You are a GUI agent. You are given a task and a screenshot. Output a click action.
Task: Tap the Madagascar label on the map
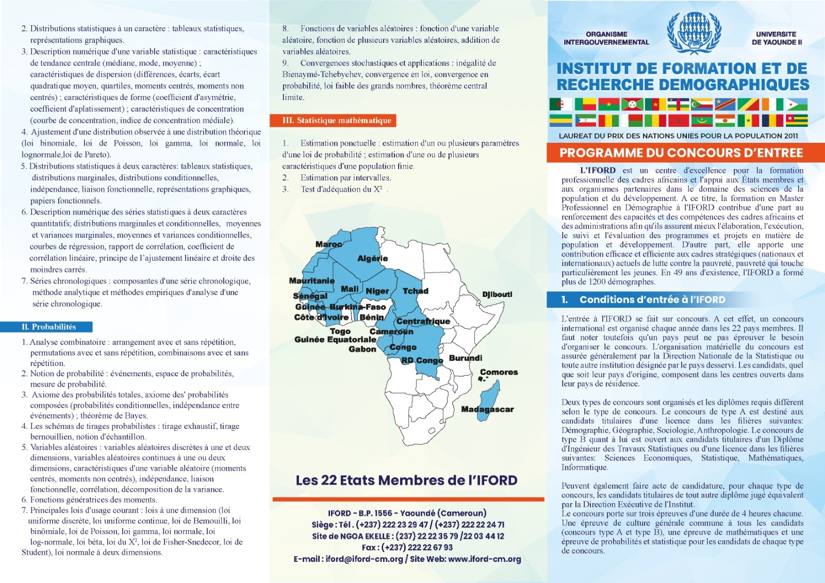(x=487, y=409)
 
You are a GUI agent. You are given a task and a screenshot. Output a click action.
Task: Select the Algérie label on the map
(x=372, y=258)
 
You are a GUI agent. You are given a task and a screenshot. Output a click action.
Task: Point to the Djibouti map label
(x=497, y=294)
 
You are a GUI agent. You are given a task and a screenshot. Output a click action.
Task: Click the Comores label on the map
(x=499, y=372)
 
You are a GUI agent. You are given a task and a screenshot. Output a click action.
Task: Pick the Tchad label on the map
(x=415, y=291)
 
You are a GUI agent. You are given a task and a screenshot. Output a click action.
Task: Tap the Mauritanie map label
(x=311, y=281)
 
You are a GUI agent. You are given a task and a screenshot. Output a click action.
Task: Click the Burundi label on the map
(x=465, y=358)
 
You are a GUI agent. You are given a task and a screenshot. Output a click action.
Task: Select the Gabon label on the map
(x=362, y=349)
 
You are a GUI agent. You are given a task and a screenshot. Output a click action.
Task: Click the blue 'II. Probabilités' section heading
(x=48, y=327)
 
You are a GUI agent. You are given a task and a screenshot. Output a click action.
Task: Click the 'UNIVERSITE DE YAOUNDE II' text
(x=777, y=38)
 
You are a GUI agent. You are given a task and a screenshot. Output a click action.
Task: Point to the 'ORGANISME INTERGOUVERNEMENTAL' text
(x=606, y=38)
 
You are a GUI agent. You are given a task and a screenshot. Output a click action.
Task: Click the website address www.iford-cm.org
(x=484, y=559)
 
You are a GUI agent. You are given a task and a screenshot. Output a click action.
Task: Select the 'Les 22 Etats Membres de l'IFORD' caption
(x=406, y=480)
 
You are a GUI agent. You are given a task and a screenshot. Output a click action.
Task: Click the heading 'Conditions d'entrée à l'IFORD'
(x=652, y=299)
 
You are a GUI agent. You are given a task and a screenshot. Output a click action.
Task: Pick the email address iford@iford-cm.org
(x=364, y=559)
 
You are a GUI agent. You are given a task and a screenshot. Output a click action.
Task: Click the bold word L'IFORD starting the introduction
(x=597, y=170)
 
